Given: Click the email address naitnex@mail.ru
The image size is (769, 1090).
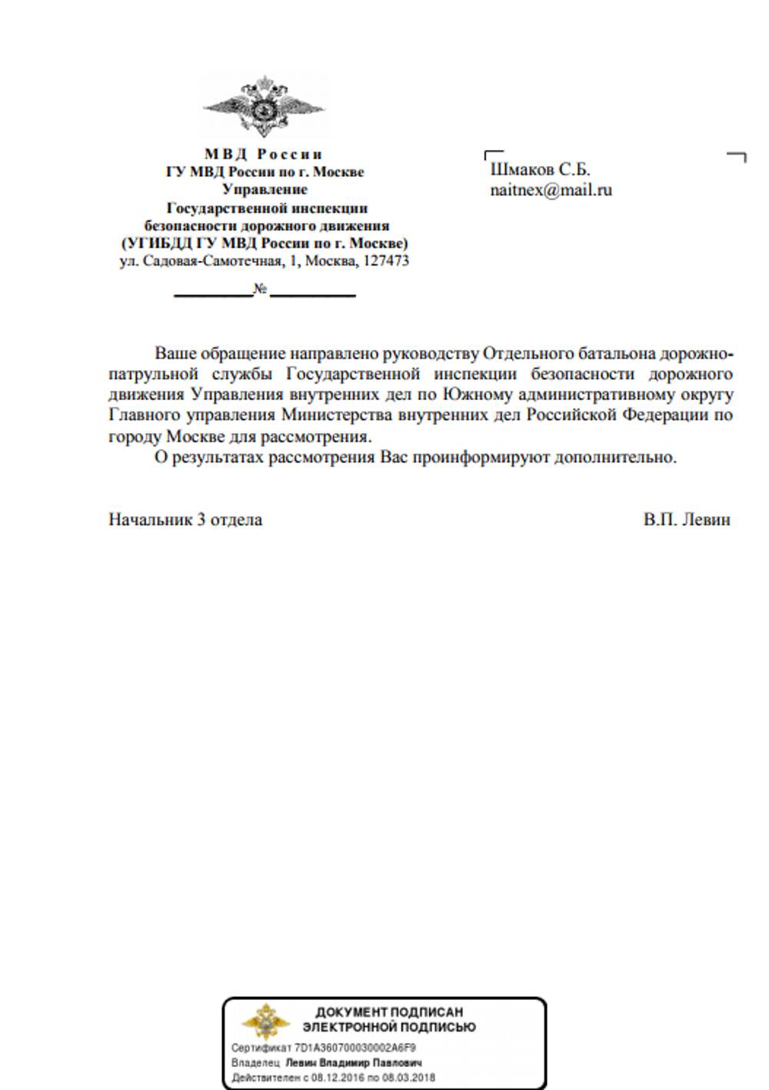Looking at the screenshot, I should [551, 190].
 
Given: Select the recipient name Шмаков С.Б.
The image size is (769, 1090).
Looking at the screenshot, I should [540, 170].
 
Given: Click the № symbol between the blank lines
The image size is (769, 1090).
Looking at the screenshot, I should [261, 290].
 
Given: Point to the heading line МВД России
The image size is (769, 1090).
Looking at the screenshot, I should [264, 154].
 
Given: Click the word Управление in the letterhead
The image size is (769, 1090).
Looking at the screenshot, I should [265, 189].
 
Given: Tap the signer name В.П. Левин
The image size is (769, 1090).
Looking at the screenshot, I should [687, 519].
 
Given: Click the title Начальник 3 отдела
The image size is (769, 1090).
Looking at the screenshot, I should [185, 519].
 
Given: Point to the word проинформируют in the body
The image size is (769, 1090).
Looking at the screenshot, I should [481, 457].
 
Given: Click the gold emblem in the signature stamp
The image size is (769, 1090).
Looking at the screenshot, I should [265, 1022].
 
